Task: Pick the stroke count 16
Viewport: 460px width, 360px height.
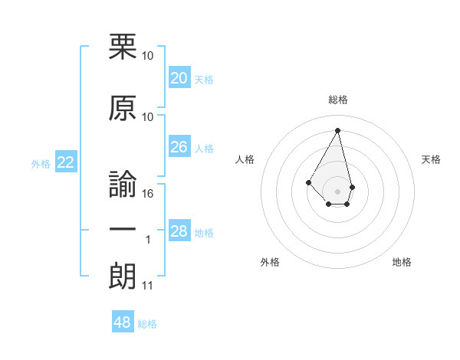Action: (x=148, y=194)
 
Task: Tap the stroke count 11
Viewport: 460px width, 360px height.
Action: (x=147, y=286)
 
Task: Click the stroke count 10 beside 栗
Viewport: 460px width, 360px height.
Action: (x=148, y=56)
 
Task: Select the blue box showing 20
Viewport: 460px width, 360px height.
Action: (x=179, y=78)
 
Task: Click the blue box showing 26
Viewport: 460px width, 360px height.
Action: (x=179, y=147)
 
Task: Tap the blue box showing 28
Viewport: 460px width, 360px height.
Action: (x=179, y=231)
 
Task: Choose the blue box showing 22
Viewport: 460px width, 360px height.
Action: (x=66, y=162)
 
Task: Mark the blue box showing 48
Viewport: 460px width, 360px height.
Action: (x=123, y=322)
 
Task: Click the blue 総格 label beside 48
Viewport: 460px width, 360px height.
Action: (x=147, y=324)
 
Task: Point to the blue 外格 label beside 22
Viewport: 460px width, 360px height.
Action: (x=41, y=163)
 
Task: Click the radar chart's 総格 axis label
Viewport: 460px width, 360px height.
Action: (x=337, y=100)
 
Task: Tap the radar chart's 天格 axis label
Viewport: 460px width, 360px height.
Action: (x=431, y=159)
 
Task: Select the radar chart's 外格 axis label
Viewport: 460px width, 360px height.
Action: (x=270, y=262)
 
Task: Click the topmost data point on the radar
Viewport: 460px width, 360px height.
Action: (x=337, y=129)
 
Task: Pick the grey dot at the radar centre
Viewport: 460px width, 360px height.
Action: (x=337, y=191)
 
